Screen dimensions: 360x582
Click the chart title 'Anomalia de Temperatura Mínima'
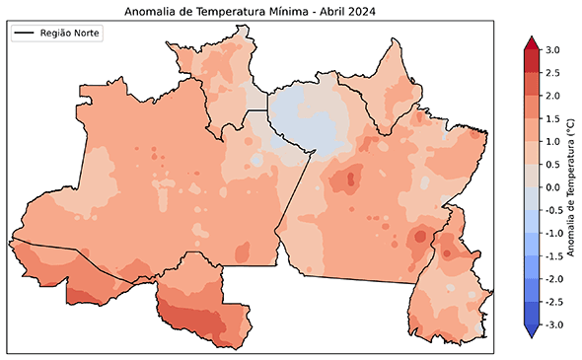211,12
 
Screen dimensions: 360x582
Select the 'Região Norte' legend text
70,34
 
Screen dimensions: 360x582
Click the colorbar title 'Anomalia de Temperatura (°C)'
571,187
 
